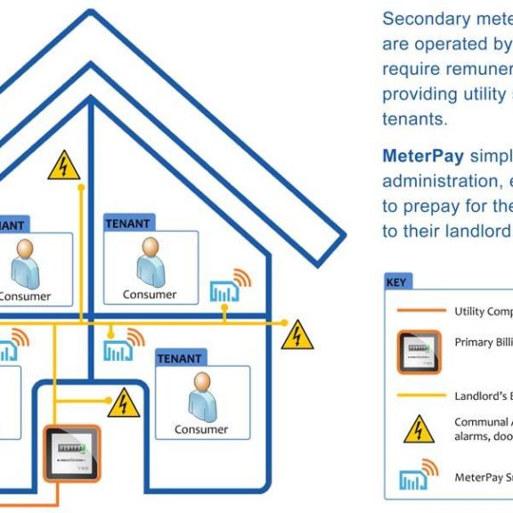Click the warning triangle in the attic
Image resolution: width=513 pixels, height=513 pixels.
(63, 166)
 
